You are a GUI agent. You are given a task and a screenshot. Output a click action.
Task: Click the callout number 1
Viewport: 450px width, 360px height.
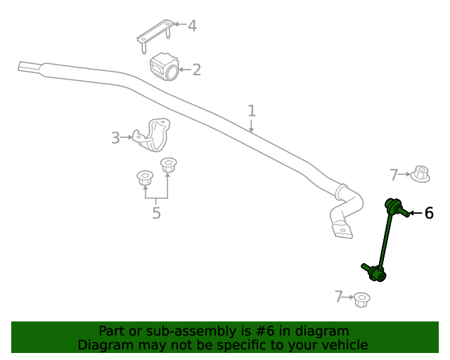[x=251, y=110]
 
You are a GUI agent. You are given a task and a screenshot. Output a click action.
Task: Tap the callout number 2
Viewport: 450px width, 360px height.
[x=197, y=69]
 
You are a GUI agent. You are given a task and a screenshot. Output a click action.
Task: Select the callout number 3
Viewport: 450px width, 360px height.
[x=115, y=138]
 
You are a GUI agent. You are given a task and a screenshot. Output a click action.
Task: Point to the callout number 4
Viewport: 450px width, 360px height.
[x=191, y=26]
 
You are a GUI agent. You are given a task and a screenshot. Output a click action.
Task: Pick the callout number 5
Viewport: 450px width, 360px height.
[x=156, y=212]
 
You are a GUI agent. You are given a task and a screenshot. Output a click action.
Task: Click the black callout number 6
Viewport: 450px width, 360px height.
[x=429, y=213]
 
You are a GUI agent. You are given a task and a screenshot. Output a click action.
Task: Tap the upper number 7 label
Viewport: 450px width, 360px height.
[x=394, y=174]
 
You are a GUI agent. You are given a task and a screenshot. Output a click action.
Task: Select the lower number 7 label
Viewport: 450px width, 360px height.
[x=339, y=297]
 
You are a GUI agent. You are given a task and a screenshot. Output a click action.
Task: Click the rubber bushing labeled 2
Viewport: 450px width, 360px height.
[x=165, y=66]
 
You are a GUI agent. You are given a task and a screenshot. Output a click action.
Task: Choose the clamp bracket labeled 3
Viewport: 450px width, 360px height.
[x=155, y=134]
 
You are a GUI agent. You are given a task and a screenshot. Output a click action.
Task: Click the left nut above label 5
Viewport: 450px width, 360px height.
[x=144, y=179]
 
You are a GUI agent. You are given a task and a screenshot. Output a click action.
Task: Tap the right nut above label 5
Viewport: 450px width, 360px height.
[x=169, y=166]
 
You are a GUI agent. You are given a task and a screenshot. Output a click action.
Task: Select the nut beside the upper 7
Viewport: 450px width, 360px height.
[x=420, y=173]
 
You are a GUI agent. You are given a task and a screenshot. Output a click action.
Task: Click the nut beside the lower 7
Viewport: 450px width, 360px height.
[x=362, y=300]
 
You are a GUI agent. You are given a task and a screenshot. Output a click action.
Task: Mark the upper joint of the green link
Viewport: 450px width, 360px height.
[x=394, y=207]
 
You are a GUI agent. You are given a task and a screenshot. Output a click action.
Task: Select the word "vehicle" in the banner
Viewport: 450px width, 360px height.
[x=343, y=345]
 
